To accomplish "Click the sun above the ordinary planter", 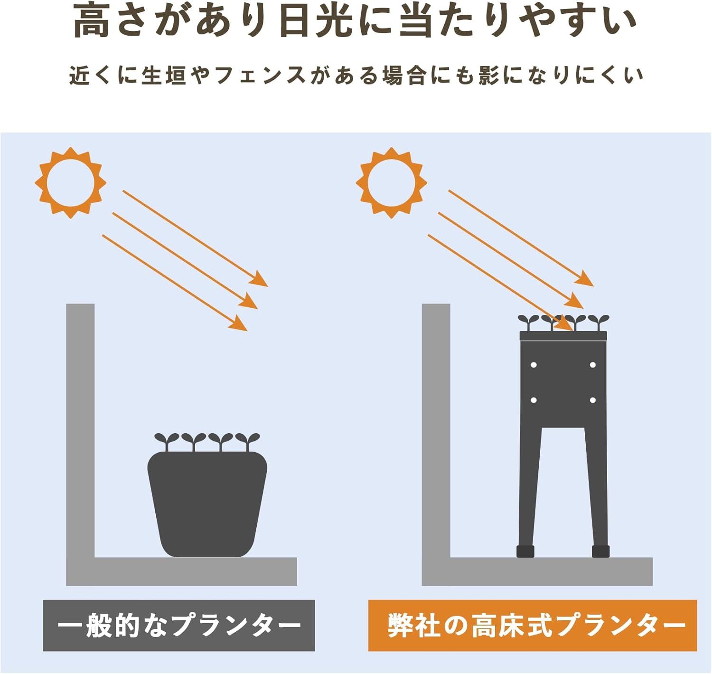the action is [x=71, y=183].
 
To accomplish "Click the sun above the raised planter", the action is [x=392, y=183].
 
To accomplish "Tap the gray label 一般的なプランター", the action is [x=179, y=625].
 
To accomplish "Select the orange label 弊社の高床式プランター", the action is [x=533, y=625].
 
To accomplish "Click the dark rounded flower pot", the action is [x=207, y=503].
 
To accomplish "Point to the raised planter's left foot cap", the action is [x=525, y=551].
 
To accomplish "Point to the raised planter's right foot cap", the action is [x=601, y=551].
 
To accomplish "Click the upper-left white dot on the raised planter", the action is [x=534, y=365].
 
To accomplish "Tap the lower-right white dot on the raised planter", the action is [x=593, y=400].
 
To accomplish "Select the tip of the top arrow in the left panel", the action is [x=268, y=286].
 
